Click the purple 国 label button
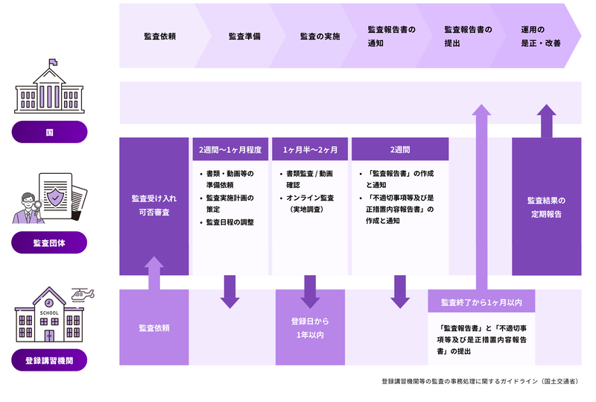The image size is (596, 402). pyautogui.click(x=49, y=132)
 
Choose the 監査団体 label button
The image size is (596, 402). pyautogui.click(x=49, y=242)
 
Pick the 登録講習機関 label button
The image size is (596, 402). pyautogui.click(x=49, y=361)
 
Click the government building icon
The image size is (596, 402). pyautogui.click(x=49, y=89)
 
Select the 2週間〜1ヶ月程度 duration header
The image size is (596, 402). pyautogui.click(x=230, y=149)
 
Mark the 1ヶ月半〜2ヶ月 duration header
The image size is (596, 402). pyautogui.click(x=310, y=149)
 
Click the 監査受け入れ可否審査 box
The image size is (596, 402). pyautogui.click(x=154, y=207)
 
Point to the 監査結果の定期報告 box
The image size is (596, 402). pyautogui.click(x=546, y=207)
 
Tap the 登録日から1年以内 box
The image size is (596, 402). pyautogui.click(x=310, y=327)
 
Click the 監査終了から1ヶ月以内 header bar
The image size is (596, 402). pyautogui.click(x=481, y=302)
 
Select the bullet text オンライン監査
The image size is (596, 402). pyautogui.click(x=310, y=198)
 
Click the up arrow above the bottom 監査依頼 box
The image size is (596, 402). pyautogui.click(x=154, y=272)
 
